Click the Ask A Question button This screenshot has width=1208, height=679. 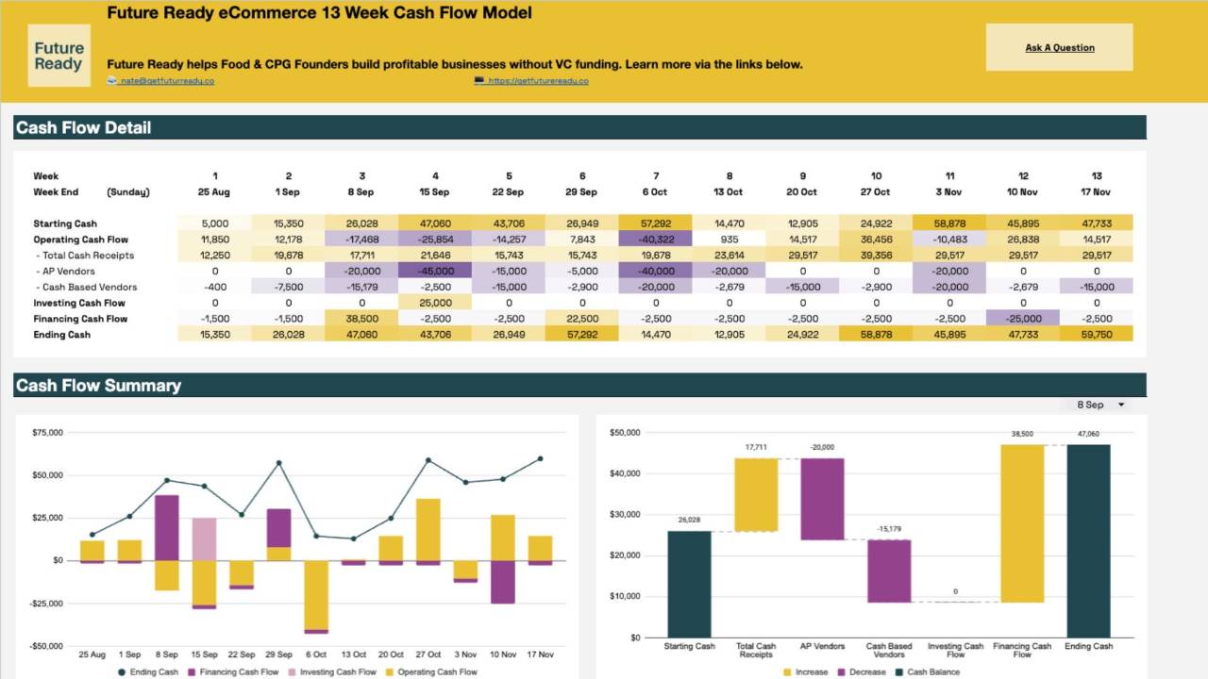click(1059, 47)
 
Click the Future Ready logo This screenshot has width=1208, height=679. click(59, 56)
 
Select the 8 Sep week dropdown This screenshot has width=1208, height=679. click(1100, 405)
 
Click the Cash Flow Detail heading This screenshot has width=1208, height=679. click(83, 128)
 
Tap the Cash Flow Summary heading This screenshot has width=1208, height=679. click(98, 386)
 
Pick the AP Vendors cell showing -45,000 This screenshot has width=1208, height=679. click(435, 272)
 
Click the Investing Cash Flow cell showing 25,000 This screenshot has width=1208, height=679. click(435, 303)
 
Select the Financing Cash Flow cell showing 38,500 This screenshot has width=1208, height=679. click(361, 319)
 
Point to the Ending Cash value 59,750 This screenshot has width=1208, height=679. click(1096, 335)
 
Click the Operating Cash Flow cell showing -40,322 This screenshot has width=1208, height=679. click(656, 240)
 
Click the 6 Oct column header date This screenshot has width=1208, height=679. click(656, 192)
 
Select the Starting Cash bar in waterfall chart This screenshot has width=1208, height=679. click(689, 584)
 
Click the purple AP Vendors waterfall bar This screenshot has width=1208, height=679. click(822, 499)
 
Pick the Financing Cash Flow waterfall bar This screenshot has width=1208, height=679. click(1022, 523)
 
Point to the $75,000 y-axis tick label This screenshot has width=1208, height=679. click(47, 433)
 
